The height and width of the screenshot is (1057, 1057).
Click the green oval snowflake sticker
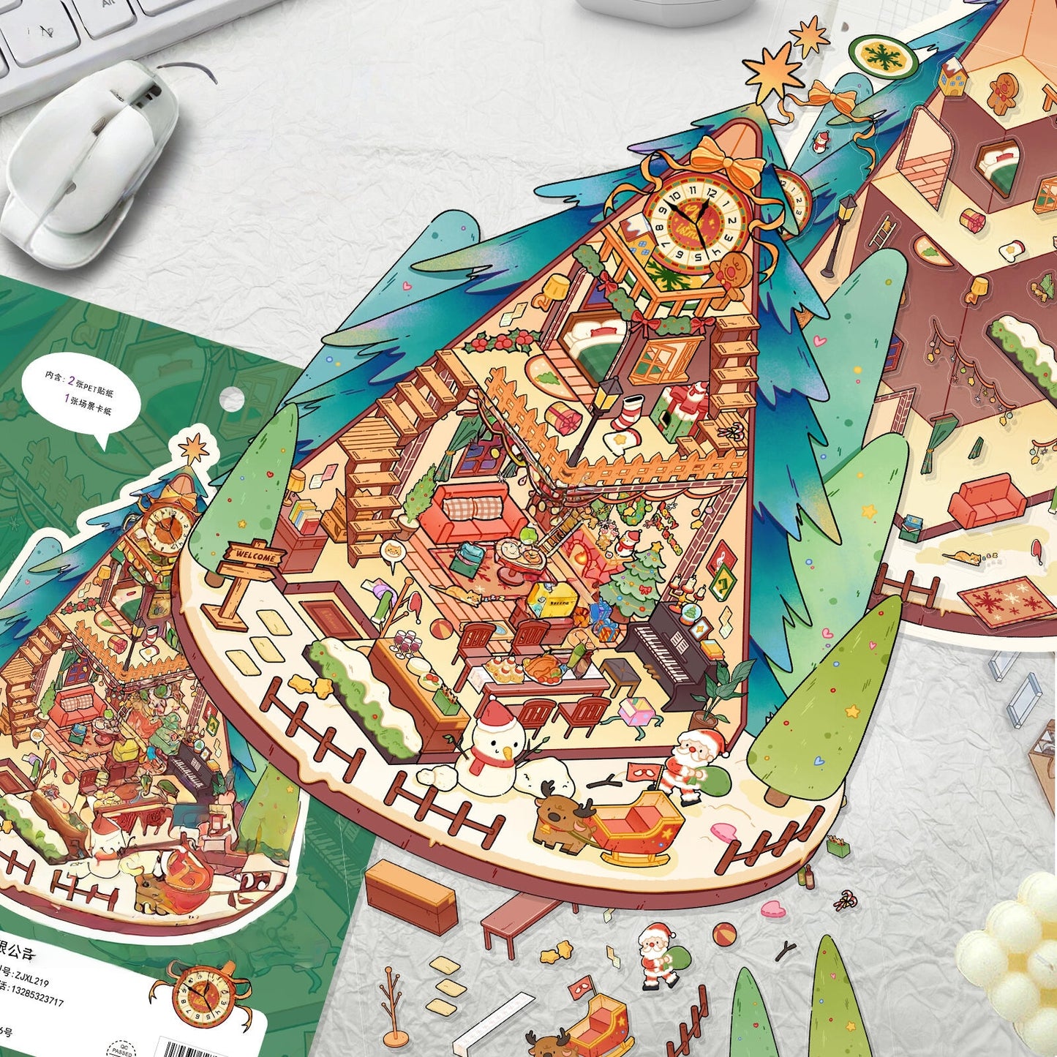tap(883, 56)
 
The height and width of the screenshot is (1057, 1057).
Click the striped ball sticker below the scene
tap(724, 933)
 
